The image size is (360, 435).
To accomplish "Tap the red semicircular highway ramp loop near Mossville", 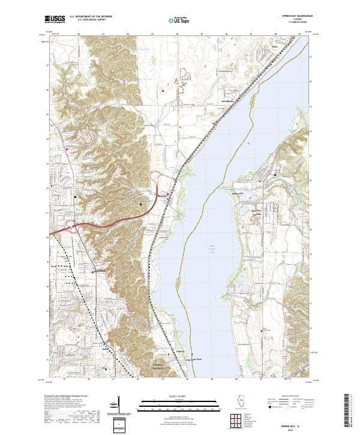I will coord(157,176).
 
